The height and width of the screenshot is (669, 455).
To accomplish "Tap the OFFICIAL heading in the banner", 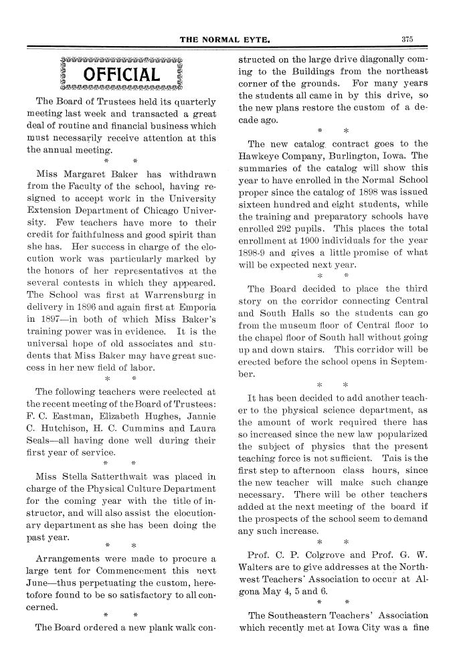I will coord(121,74).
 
